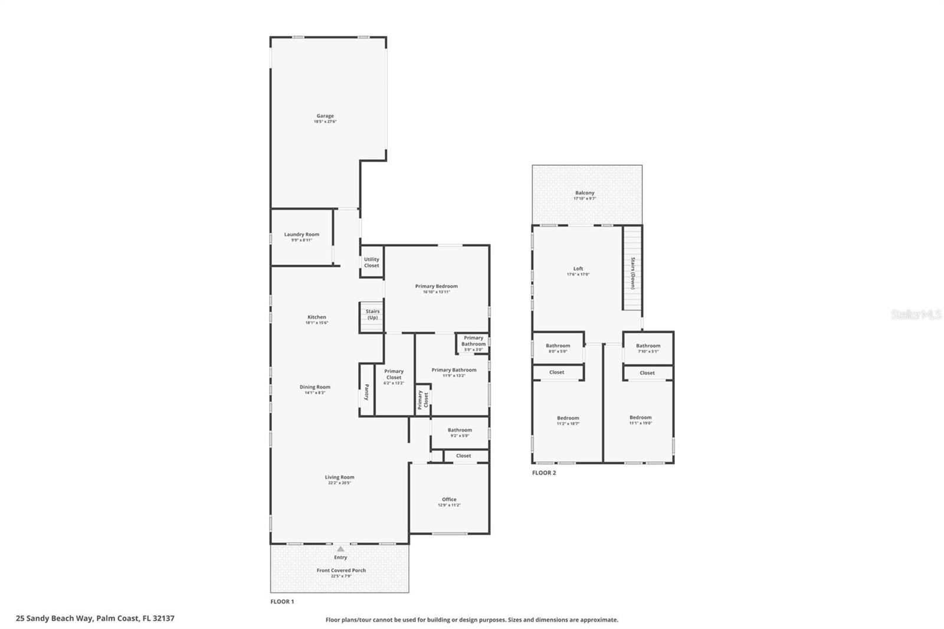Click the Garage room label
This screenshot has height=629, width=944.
point(325,116)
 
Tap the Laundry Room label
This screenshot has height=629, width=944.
point(301,234)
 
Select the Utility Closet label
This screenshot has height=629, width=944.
point(372,262)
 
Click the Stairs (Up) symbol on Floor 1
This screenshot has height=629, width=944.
point(372,317)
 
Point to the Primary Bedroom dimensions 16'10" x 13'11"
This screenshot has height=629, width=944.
point(436,292)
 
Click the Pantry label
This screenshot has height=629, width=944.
point(366,392)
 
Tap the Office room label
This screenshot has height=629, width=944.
point(449,499)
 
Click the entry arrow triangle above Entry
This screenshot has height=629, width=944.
point(340,549)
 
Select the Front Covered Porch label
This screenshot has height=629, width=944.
point(341,570)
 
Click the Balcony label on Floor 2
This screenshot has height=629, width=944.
point(585,193)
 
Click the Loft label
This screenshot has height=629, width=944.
point(578,268)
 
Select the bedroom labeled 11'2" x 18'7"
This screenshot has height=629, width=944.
point(568,420)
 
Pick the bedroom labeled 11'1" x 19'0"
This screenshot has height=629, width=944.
point(640,420)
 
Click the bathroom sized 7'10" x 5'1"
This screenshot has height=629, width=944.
point(648,348)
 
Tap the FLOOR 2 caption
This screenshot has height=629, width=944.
point(544,473)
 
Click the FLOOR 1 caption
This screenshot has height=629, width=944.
point(282,601)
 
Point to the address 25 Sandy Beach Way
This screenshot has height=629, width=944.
point(95,618)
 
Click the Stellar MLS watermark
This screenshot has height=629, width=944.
point(916,314)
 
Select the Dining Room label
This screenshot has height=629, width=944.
point(314,387)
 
